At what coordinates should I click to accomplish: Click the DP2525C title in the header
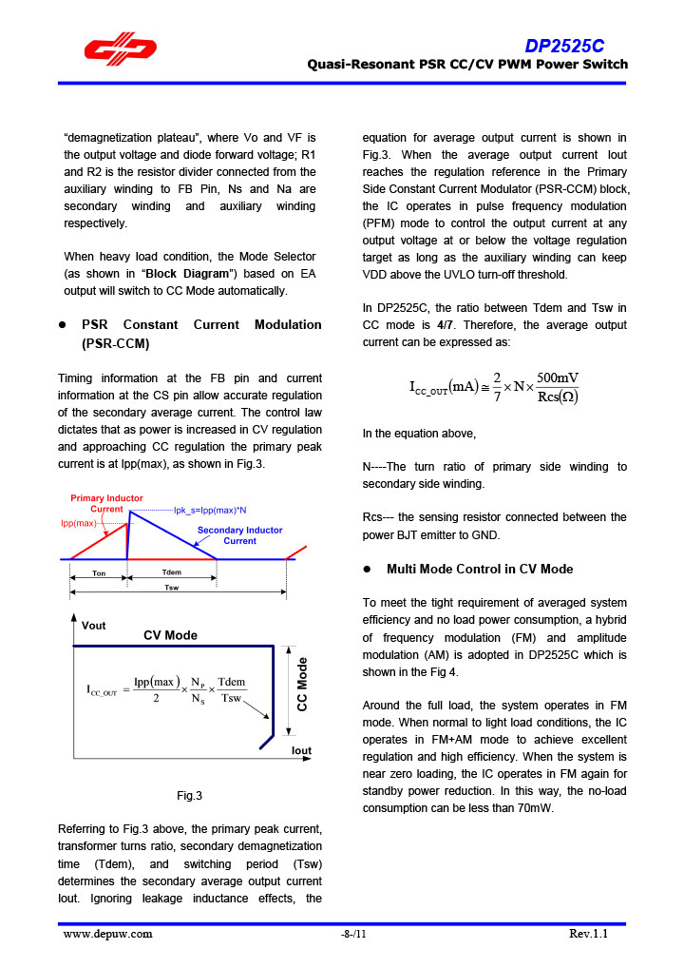pos(566,47)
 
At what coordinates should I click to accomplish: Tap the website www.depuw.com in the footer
pos(107,934)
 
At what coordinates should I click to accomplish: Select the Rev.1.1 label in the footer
pos(588,934)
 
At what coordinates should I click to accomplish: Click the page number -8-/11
pos(352,934)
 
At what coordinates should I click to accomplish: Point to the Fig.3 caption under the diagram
pos(189,796)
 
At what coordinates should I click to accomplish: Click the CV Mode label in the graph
pos(170,635)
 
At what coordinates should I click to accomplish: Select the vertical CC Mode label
pos(302,686)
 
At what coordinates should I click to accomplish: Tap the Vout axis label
pos(94,626)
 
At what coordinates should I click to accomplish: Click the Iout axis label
pos(301,751)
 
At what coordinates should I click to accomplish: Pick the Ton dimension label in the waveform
pos(99,573)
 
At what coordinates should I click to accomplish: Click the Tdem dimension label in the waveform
pos(172,572)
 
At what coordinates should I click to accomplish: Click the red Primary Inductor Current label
pos(106,504)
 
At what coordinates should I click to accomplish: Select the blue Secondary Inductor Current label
pos(239,535)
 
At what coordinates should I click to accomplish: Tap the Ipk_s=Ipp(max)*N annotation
pos(209,511)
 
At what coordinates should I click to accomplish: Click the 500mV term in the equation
pos(556,378)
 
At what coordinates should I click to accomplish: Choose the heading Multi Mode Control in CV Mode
pos(480,569)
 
